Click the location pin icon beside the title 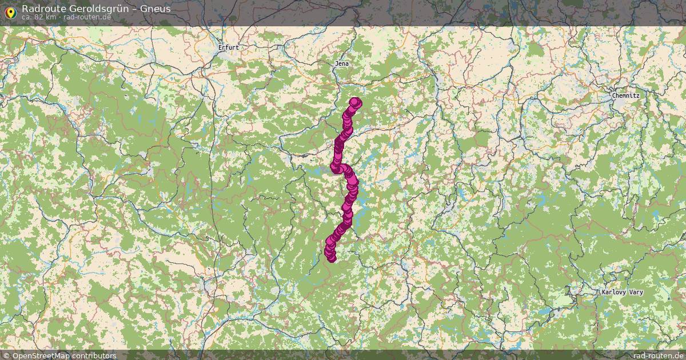[x=10, y=11]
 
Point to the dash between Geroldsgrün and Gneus [x=133, y=9]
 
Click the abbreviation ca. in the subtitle [x=27, y=17]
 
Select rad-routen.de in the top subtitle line [x=87, y=17]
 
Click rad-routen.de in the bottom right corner [x=658, y=355]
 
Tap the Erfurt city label [x=229, y=48]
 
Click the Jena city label [x=342, y=63]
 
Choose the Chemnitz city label [x=625, y=95]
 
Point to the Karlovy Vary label [x=622, y=292]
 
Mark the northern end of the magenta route [x=356, y=102]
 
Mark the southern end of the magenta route [x=332, y=259]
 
